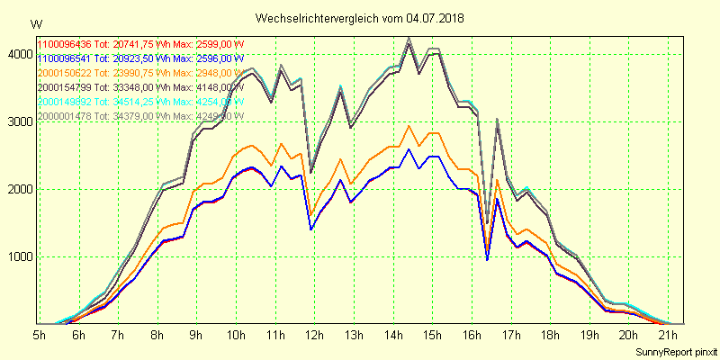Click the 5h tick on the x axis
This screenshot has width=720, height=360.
pyautogui.click(x=40, y=336)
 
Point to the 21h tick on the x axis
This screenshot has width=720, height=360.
pyautogui.click(x=667, y=336)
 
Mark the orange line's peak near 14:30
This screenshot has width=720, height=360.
pyautogui.click(x=409, y=125)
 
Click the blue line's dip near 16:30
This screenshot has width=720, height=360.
pyautogui.click(x=487, y=260)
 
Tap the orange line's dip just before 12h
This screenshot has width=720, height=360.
pyautogui.click(x=310, y=216)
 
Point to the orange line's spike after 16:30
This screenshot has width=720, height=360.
pyautogui.click(x=498, y=180)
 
